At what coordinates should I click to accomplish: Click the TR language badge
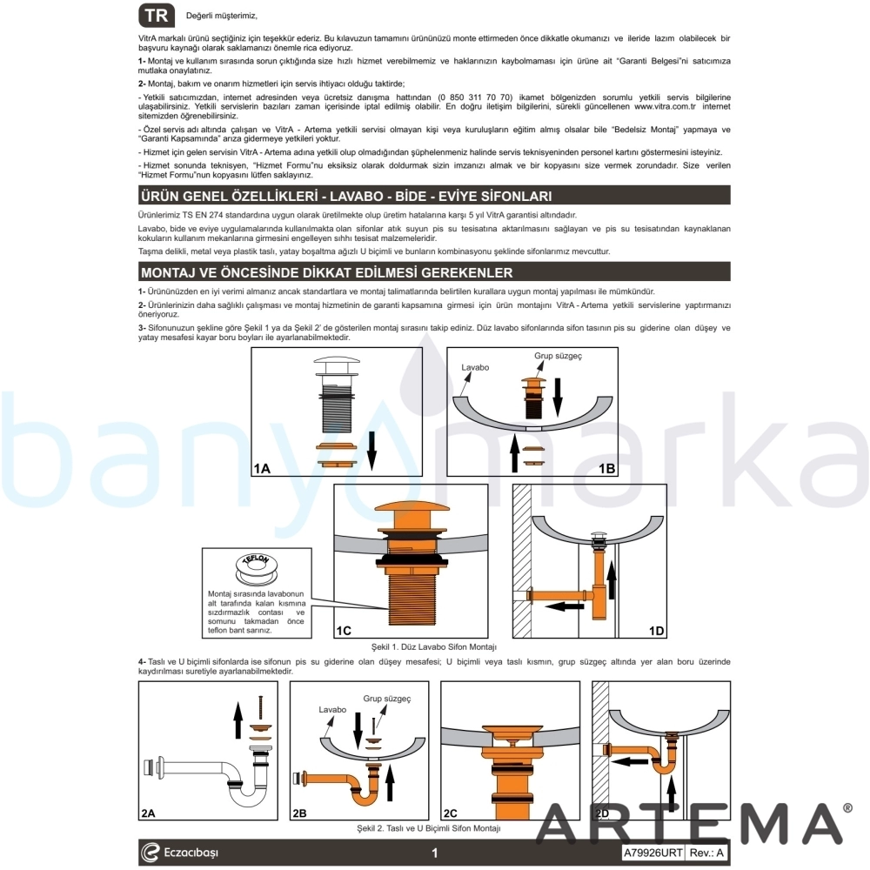point(157,16)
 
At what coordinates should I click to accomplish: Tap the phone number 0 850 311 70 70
point(475,97)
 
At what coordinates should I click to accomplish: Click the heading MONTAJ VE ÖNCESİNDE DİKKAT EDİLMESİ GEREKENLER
point(326,272)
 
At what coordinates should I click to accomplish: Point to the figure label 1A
point(262,468)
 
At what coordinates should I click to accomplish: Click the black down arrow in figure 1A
point(371,451)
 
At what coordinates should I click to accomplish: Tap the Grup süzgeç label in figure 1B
point(558,356)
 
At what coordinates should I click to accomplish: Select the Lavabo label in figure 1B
point(475,367)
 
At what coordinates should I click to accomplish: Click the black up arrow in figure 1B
point(514,452)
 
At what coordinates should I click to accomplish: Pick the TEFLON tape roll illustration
point(256,568)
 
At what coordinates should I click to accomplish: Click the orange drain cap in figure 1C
point(411,512)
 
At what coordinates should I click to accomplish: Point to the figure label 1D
point(656,631)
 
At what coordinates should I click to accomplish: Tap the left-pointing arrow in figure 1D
point(565,606)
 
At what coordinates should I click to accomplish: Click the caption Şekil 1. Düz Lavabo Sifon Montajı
point(434,647)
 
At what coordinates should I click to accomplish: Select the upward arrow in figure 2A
point(238,719)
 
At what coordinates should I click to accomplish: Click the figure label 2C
point(450,813)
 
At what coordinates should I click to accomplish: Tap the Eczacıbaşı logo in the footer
point(178,853)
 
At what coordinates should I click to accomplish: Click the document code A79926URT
point(652,853)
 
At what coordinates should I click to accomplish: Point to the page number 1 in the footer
point(434,853)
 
